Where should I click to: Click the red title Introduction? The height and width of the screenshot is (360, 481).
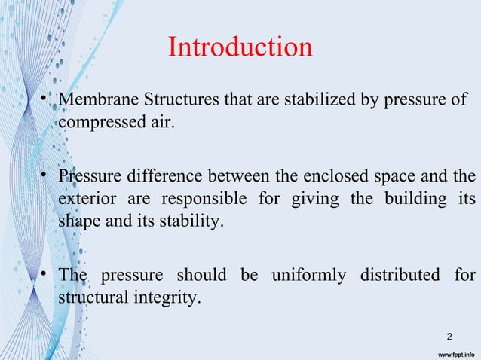pos(240,48)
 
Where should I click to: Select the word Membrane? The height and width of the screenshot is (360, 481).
pos(95,100)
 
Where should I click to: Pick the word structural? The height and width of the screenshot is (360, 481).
pos(90,297)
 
